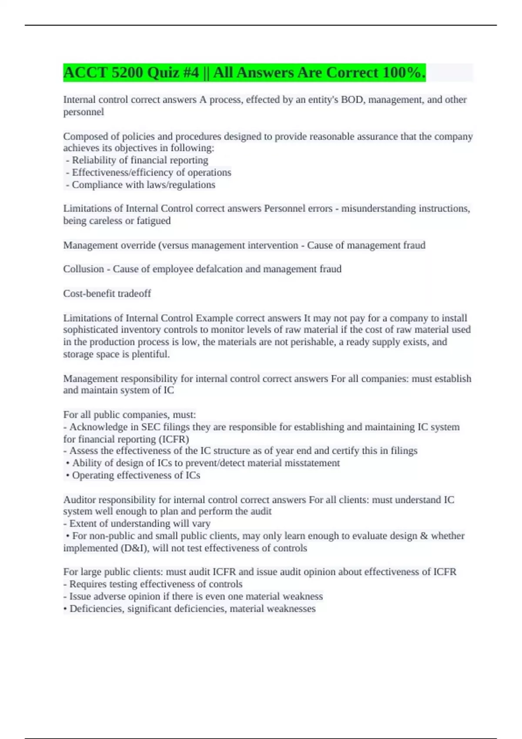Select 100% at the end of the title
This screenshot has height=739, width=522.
pos(402,73)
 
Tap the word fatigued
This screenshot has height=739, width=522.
pos(154,221)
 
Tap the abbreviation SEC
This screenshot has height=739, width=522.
pos(151,427)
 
